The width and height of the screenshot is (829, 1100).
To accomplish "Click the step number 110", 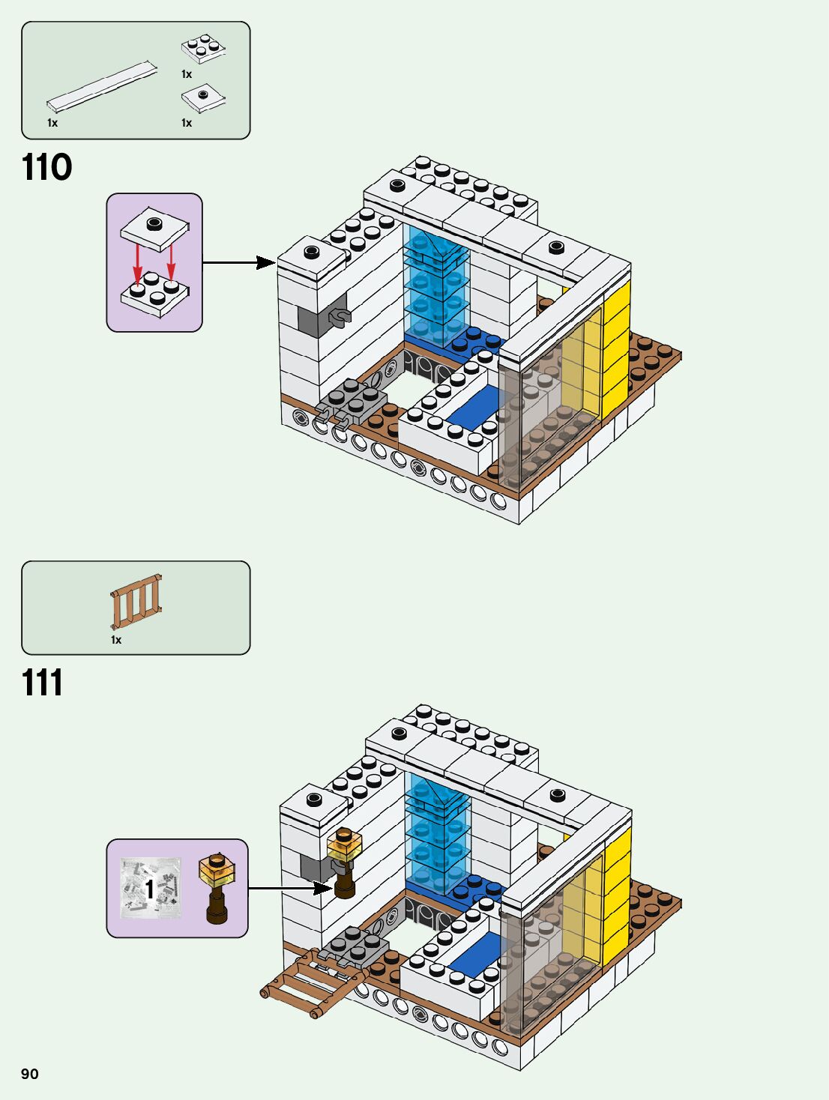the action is point(46,167).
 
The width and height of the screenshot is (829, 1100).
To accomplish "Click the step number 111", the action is point(42,683).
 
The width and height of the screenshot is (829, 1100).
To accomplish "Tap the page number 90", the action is point(30,1074).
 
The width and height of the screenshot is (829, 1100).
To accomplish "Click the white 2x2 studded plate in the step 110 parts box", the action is point(203,49).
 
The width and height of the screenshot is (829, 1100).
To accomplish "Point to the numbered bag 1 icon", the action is point(151,889).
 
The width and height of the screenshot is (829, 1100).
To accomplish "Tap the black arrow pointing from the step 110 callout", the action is point(239,262).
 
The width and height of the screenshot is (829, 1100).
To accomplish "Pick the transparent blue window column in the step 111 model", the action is point(436,832).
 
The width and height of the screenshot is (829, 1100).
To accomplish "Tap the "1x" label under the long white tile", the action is point(52,123).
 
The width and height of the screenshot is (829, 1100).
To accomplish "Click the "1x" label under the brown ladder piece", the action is point(116,640).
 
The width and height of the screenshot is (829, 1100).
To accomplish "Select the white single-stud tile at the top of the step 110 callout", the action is point(154,229).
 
